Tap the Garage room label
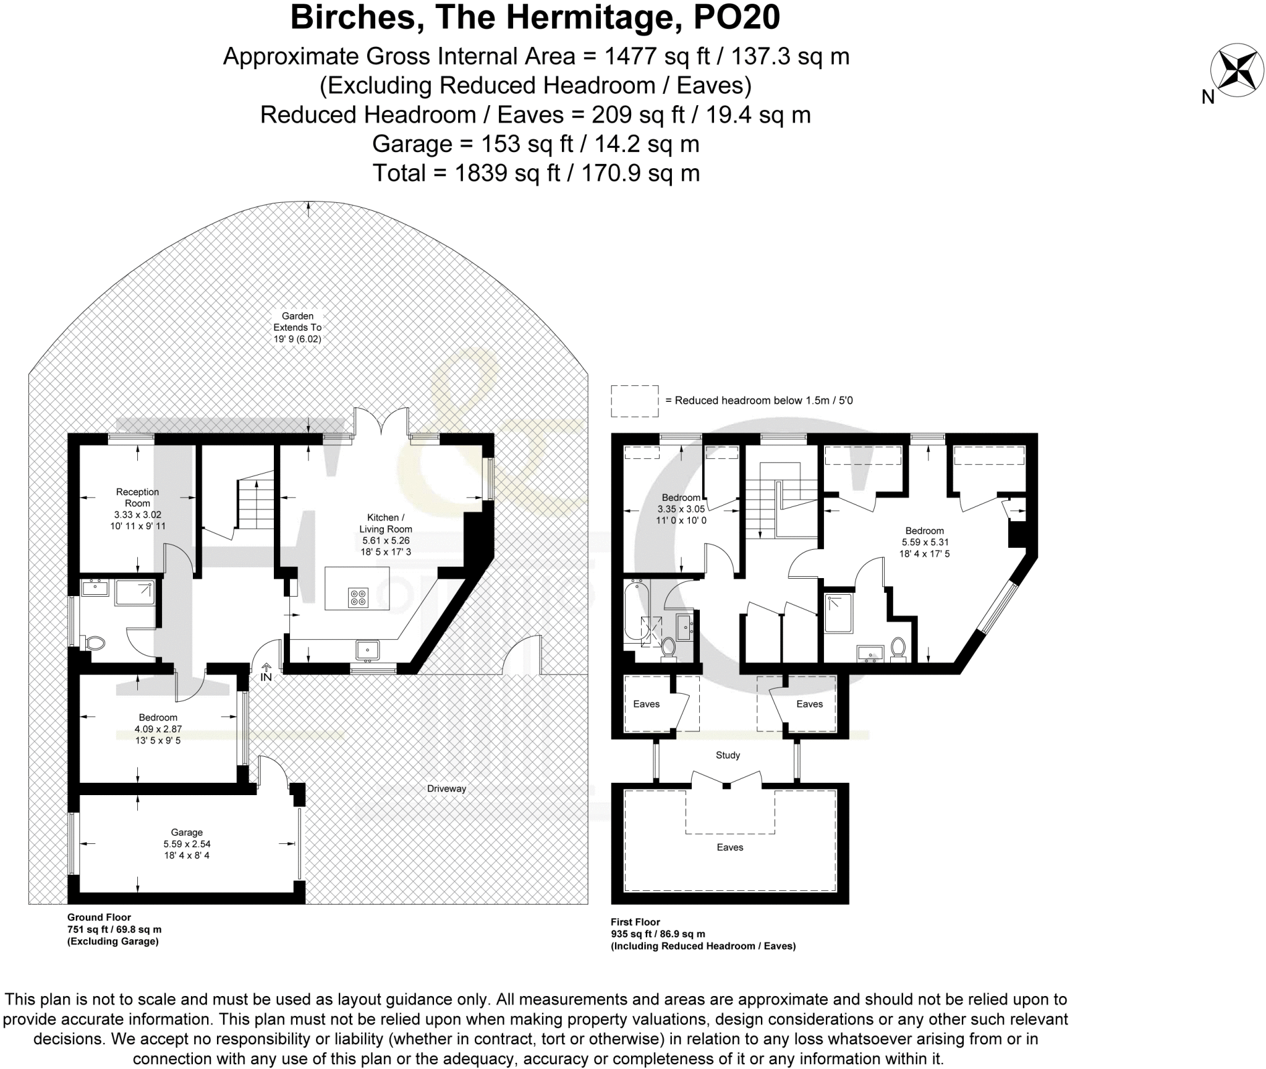coord(187,832)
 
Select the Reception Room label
coord(137,498)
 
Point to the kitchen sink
coord(367,650)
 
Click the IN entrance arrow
coord(266,672)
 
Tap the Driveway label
coord(446,788)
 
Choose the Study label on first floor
coord(728,755)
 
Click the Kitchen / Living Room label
coord(386,523)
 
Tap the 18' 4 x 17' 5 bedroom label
coord(924,553)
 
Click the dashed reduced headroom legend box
coord(635,401)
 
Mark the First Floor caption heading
coord(635,922)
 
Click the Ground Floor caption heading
coord(99,918)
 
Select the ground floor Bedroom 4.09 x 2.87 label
coord(158,729)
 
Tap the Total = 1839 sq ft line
coord(536,173)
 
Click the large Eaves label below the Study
coord(729,847)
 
